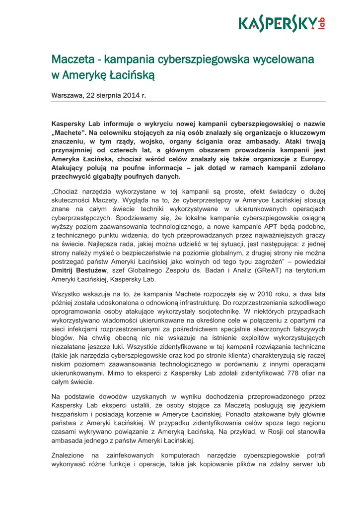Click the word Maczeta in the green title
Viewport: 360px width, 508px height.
point(72,60)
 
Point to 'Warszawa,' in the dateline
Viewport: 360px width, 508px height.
point(68,94)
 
